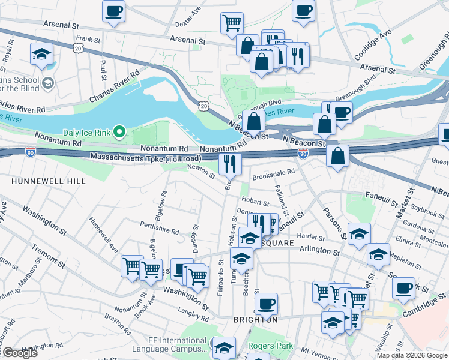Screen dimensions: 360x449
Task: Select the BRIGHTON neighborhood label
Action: tap(255, 320)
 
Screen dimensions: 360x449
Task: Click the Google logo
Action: tap(20, 353)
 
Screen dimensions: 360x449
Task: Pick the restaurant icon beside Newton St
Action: tap(230, 163)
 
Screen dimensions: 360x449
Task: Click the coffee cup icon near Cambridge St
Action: tap(403, 287)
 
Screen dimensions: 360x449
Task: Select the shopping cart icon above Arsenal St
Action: tap(232, 23)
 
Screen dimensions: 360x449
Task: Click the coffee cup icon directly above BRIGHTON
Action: tap(266, 303)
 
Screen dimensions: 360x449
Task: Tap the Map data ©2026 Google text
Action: tap(412, 355)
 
